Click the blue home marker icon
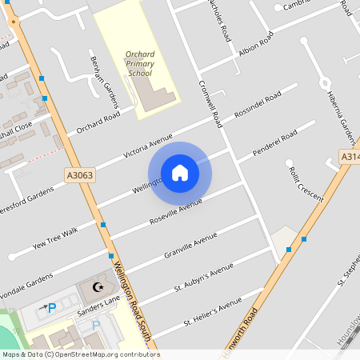180,173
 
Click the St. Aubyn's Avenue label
204,276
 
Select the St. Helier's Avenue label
212,312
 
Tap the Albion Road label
256,46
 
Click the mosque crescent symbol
99,286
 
